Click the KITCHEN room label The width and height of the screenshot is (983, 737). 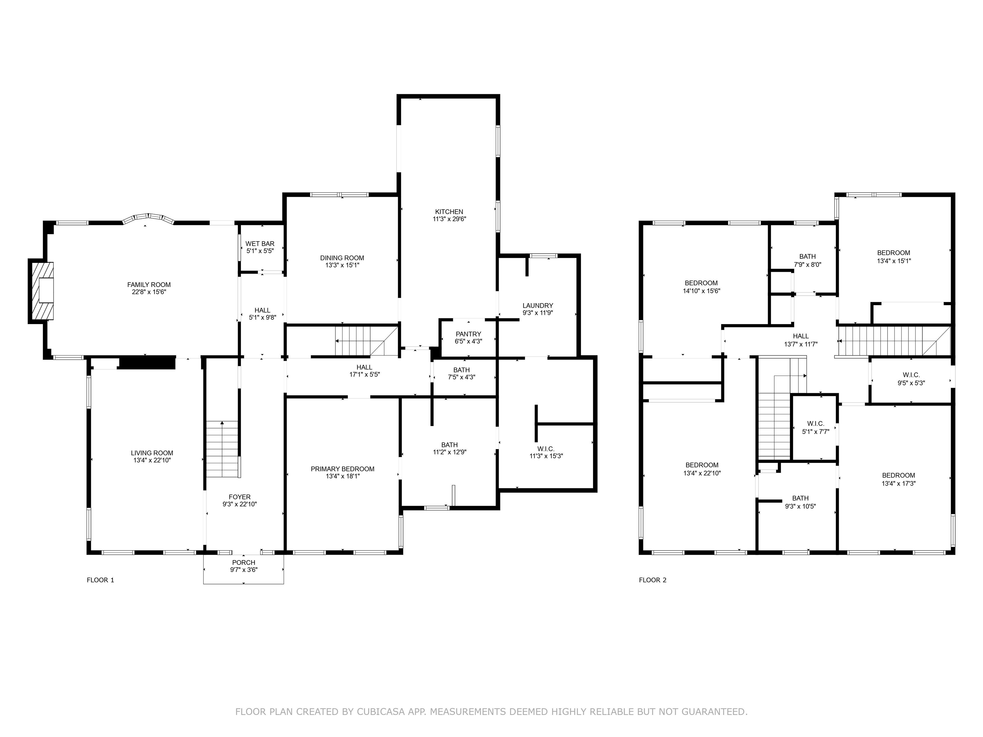449,212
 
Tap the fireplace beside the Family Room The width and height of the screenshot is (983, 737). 44,291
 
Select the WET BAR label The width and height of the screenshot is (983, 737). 260,244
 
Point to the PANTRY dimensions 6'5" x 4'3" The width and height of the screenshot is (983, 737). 468,342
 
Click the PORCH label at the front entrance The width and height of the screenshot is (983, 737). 244,562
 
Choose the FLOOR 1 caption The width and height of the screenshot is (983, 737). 100,580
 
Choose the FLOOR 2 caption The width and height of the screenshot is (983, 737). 652,580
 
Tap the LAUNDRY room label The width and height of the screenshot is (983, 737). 538,305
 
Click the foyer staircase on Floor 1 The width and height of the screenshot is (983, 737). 222,449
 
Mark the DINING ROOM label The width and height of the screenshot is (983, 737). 342,258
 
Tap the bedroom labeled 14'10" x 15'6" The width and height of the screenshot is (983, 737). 701,287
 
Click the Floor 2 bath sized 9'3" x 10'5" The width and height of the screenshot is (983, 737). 800,502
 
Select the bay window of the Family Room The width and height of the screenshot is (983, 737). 148,218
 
